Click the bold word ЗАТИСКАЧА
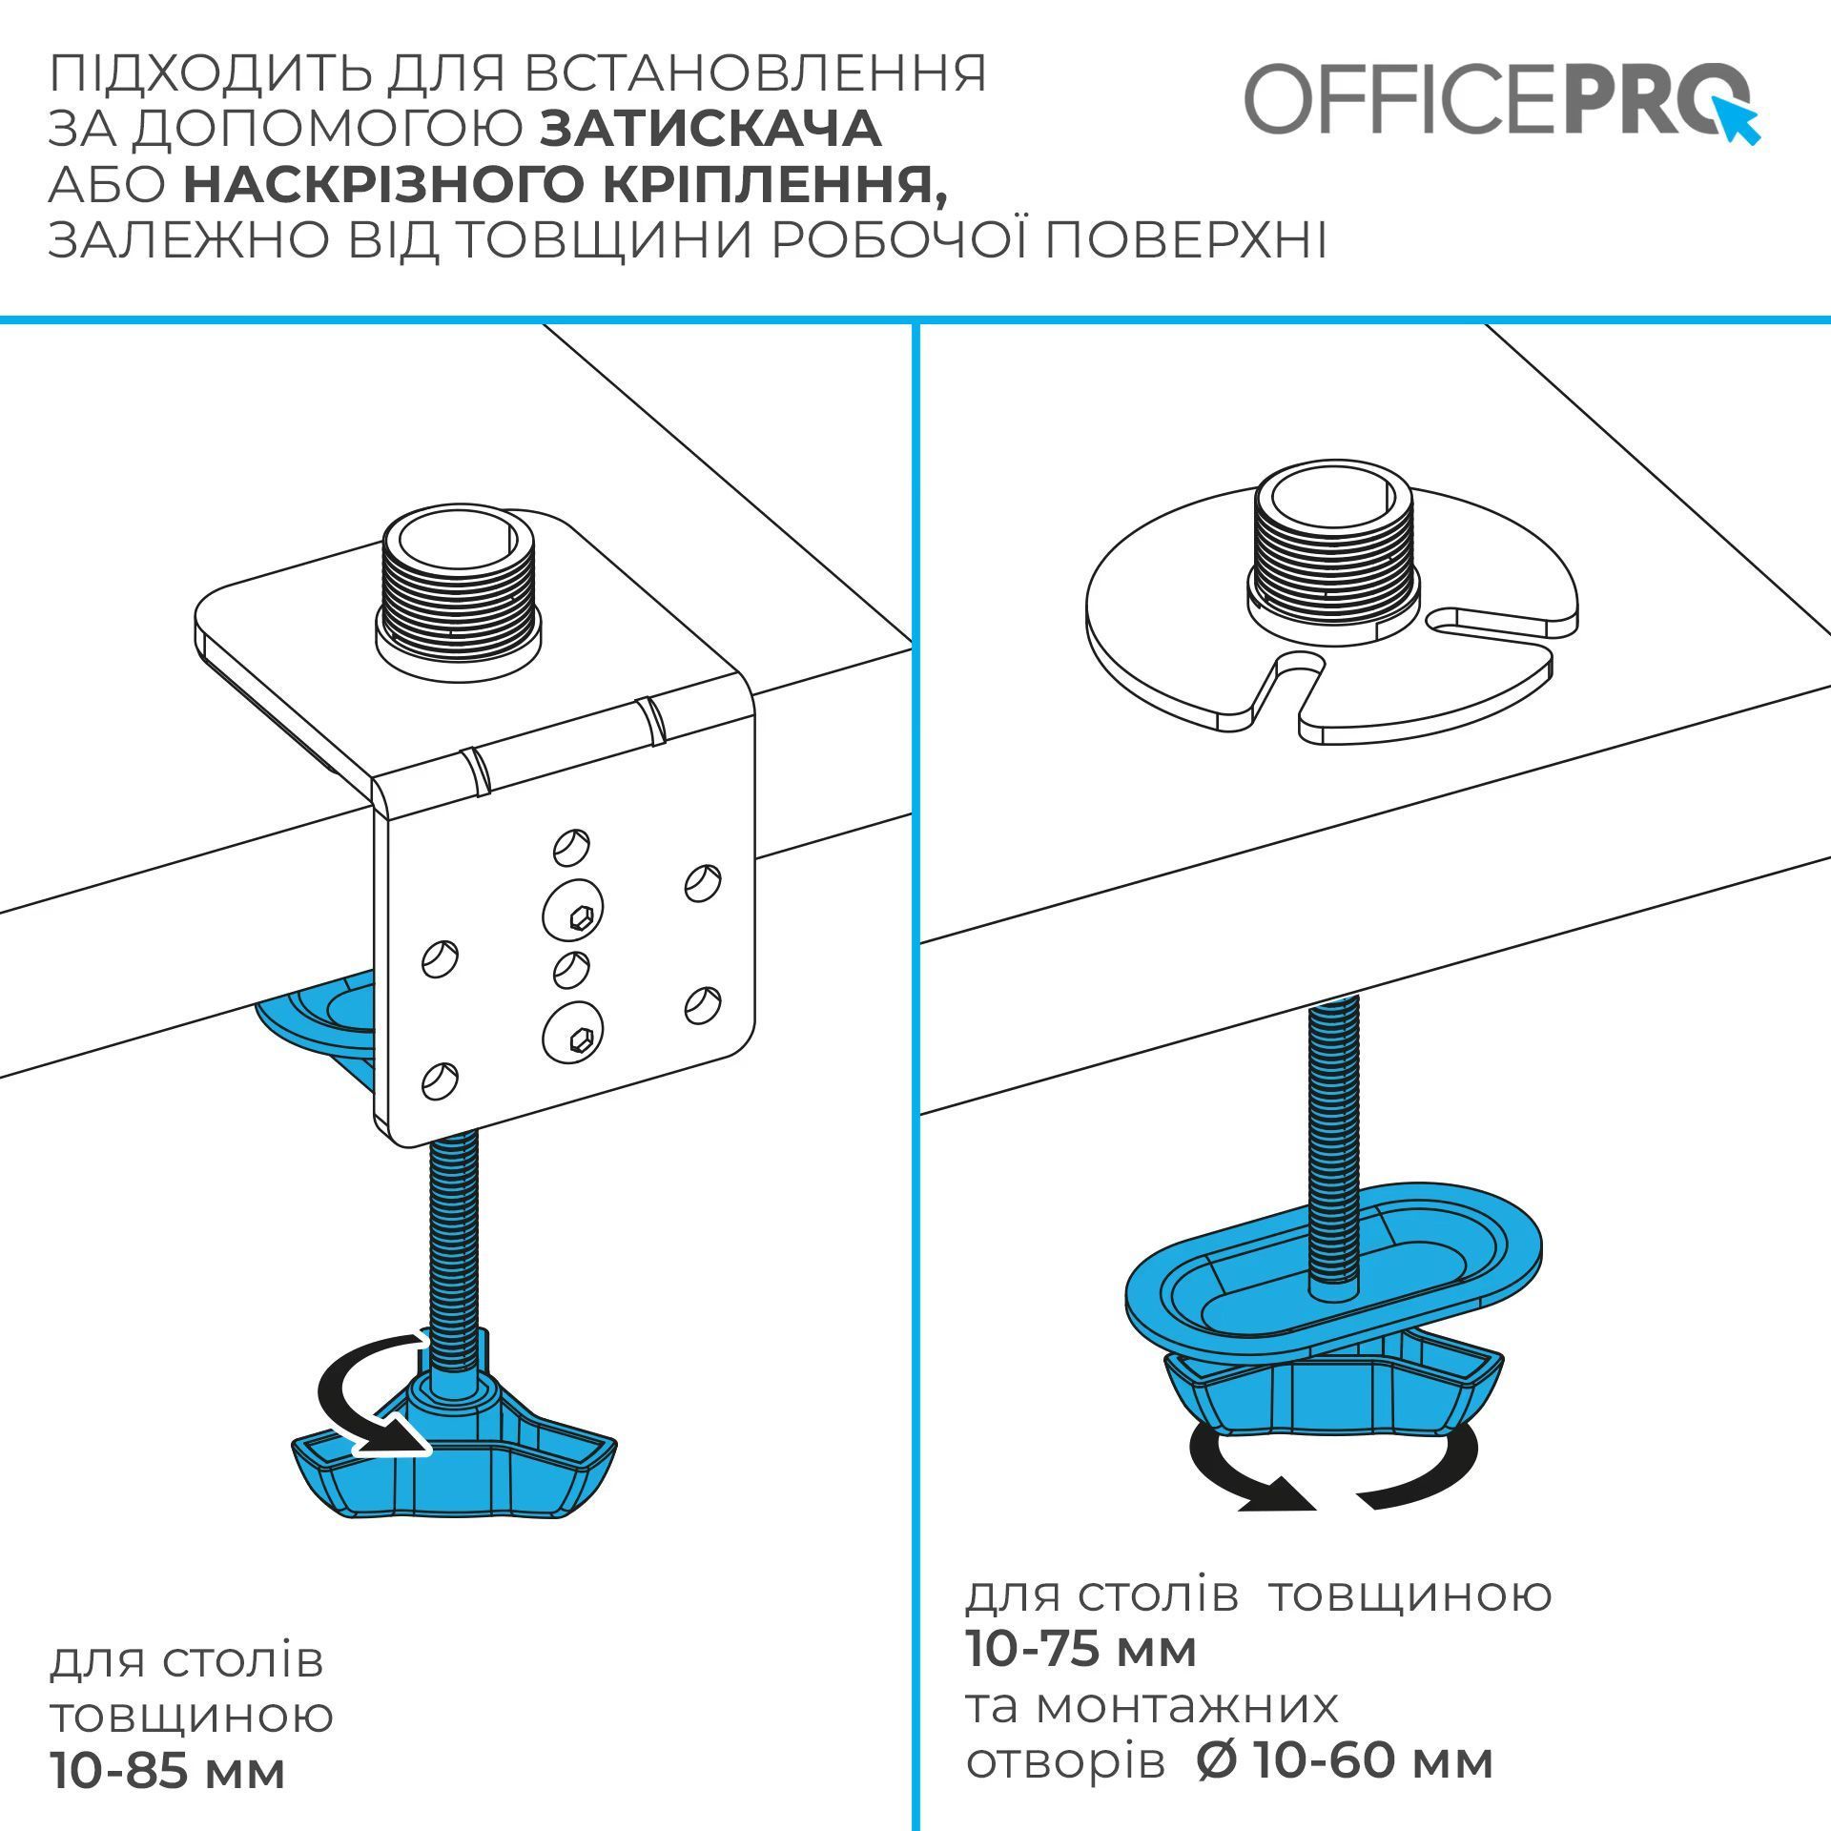(710, 130)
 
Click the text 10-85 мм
(168, 1773)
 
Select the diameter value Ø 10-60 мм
(1344, 1761)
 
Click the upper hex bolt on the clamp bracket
(573, 914)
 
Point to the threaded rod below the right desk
(1334, 1140)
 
